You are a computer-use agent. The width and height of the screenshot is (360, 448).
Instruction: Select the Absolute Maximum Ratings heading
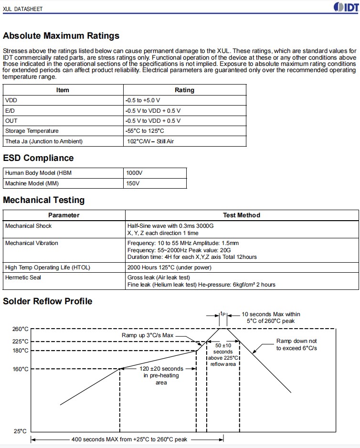click(61, 36)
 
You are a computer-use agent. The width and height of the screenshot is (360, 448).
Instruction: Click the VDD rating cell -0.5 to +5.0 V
click(143, 100)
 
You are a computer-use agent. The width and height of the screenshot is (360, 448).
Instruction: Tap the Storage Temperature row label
click(32, 131)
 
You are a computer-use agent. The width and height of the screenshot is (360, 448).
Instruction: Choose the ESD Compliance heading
click(38, 158)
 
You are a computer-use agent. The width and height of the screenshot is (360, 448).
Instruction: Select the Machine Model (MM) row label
click(32, 183)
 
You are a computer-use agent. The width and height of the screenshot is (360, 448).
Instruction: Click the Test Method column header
click(242, 215)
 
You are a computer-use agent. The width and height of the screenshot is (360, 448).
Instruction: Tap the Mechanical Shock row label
click(28, 225)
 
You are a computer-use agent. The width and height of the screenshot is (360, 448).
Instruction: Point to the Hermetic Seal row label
click(23, 277)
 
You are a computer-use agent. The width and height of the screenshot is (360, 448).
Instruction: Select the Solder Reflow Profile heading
click(48, 301)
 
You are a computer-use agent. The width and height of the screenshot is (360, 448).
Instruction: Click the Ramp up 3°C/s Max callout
click(148, 336)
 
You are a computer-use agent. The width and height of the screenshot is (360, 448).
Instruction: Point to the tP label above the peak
click(223, 314)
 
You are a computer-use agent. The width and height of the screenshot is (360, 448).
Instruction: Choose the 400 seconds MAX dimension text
click(129, 439)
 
